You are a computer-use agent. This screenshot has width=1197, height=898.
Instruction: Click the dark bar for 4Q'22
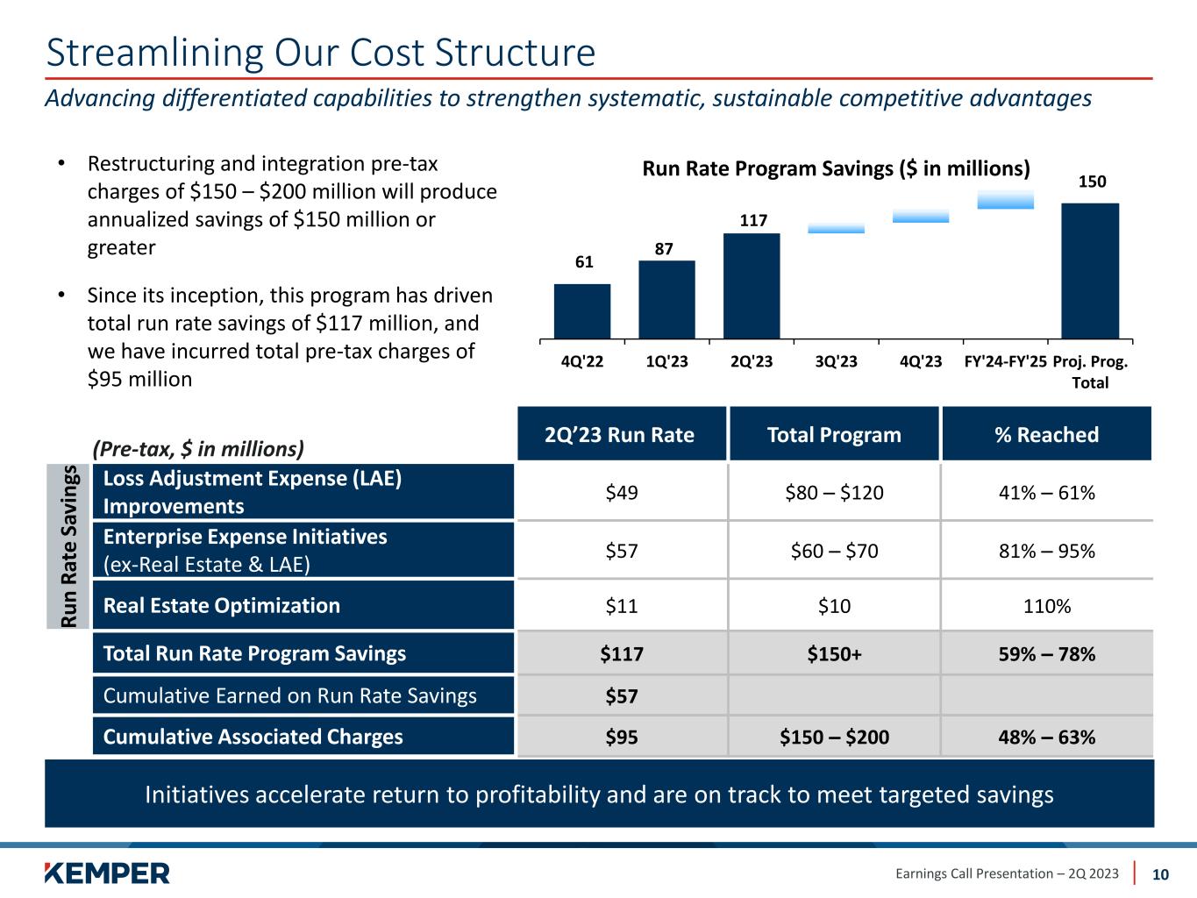coord(582,310)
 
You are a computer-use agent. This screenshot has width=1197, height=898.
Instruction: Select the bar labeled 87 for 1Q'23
coord(666,299)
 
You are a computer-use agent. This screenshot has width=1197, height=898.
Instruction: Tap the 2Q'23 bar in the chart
coord(752,285)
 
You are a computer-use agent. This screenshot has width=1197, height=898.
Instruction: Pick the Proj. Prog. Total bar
coord(1090,270)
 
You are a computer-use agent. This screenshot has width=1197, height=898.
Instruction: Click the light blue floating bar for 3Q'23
coord(836,228)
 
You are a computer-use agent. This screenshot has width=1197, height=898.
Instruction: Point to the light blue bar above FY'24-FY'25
coord(1005,200)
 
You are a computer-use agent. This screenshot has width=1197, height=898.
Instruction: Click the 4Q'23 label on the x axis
coord(921,361)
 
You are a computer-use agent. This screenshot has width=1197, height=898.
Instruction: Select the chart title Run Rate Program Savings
coord(836,168)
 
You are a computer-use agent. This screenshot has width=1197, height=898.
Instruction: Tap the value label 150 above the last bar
coord(1092,182)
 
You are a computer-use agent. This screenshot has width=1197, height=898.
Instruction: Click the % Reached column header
coord(1046,435)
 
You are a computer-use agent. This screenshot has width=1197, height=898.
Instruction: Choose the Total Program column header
coord(834,435)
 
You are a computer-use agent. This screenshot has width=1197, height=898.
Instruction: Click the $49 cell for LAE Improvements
coord(622,493)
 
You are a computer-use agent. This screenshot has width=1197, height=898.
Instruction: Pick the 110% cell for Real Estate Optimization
coord(1046,606)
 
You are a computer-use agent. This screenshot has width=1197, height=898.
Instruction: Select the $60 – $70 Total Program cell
coord(834,551)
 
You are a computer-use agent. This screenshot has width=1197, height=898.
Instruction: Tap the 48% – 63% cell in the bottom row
coord(1046,737)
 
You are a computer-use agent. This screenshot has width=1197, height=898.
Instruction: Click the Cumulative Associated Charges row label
coord(253,737)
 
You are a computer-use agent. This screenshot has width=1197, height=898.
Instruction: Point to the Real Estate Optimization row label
coord(222,606)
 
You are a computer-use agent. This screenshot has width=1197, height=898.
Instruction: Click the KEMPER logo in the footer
coord(107,873)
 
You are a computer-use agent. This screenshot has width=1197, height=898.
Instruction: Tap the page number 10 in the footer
coord(1160,874)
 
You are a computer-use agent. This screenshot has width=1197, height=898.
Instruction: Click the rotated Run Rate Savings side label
coord(70,546)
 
